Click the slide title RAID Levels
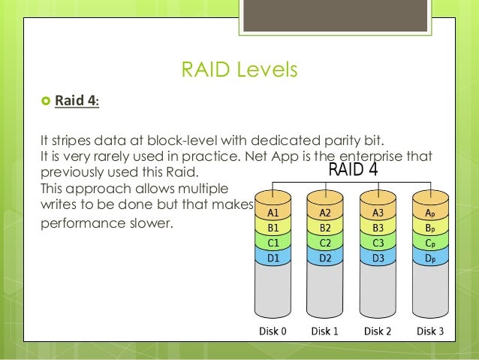239,71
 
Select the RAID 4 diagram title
353,171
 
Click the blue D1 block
275,259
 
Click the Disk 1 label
325,331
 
